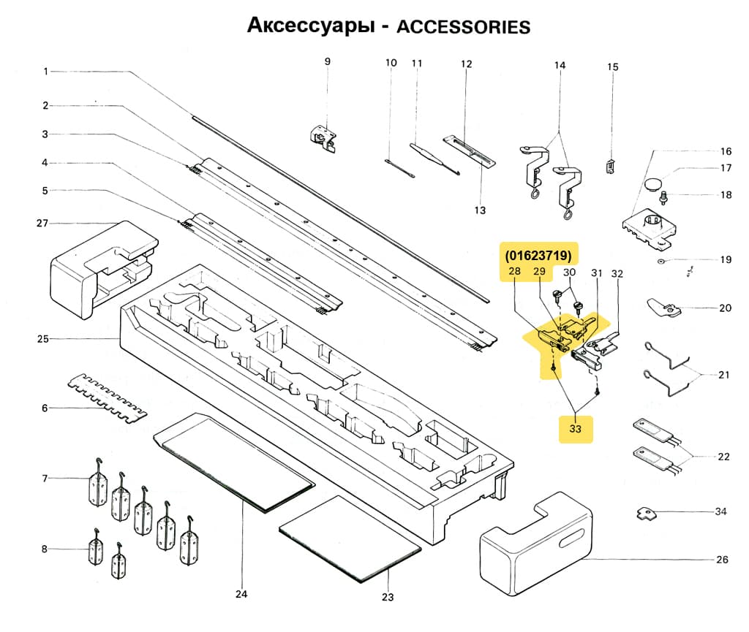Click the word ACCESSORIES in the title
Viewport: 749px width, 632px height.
point(462,27)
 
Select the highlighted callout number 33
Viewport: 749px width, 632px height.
point(576,429)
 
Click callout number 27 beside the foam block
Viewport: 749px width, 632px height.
point(43,223)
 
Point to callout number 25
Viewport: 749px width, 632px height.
point(43,339)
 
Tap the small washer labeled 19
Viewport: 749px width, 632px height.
point(660,260)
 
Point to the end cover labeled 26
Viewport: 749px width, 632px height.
point(534,538)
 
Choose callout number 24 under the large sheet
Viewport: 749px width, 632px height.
point(241,594)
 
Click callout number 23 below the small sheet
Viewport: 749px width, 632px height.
point(387,597)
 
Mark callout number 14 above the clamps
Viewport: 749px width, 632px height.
point(560,66)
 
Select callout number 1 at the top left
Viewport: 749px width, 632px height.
point(45,72)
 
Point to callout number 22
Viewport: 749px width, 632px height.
point(723,457)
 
